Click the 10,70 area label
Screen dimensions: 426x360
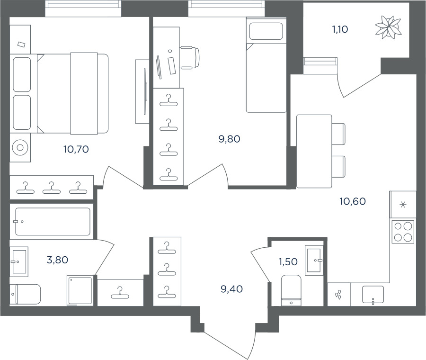76,149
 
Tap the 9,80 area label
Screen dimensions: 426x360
229,139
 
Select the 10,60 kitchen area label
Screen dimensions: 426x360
353,201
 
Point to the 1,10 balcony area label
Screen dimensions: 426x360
340,29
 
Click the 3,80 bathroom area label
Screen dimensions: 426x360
57,260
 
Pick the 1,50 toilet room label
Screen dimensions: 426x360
288,261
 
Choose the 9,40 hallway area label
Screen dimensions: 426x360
232,289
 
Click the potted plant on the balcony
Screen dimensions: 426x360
388,27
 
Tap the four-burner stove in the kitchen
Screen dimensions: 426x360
403,231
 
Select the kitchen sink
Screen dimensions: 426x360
373,295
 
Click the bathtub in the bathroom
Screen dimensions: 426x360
53,222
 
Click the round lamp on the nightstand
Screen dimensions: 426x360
20,148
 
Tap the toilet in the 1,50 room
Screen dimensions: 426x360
291,290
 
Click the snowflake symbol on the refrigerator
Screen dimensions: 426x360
403,205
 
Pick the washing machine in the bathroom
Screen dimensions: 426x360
80,291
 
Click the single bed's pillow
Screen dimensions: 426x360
266,32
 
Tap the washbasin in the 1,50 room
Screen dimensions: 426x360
314,260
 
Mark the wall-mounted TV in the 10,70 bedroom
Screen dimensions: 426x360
145,91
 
